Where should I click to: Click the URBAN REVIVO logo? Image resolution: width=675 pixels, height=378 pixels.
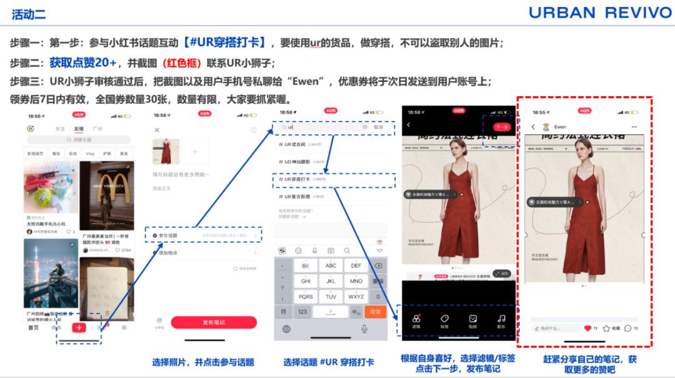pos(599,13)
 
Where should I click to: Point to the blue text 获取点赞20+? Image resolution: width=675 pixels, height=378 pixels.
pos(84,62)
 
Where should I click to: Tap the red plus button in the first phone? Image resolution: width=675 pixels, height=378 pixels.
pos(79,327)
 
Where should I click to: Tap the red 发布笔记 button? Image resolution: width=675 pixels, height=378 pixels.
pos(214,322)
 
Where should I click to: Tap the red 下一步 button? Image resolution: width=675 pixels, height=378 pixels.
pos(501,127)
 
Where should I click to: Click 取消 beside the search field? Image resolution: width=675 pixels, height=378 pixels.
pos(378,127)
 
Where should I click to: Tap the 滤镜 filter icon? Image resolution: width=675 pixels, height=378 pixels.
pos(416,320)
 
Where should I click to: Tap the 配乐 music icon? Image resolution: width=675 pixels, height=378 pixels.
pos(501,320)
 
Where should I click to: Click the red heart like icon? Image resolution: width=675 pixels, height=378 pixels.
pos(587,328)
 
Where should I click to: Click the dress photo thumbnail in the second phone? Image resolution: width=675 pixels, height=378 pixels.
pos(166,152)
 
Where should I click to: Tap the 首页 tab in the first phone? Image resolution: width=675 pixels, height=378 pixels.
pos(33,327)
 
